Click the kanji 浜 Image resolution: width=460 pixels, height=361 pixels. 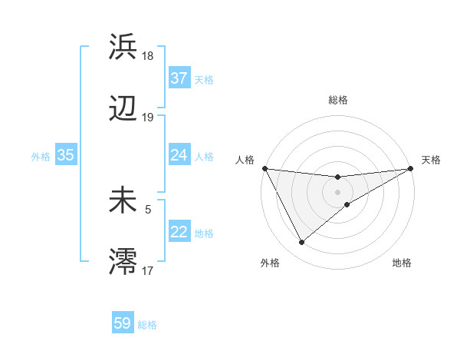click(x=123, y=47)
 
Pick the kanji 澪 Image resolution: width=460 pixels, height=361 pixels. click(x=123, y=262)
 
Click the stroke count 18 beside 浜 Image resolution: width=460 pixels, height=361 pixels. click(x=149, y=56)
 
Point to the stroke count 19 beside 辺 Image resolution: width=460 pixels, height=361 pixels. click(x=148, y=118)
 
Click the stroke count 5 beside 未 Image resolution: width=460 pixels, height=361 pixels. click(x=148, y=208)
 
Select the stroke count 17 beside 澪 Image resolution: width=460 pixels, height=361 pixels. click(x=148, y=270)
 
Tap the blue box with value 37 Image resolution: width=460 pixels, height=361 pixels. click(x=179, y=78)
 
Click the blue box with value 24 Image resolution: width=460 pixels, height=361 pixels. click(x=179, y=155)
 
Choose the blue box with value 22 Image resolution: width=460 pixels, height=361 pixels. click(x=179, y=232)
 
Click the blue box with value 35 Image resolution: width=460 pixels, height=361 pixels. click(x=66, y=155)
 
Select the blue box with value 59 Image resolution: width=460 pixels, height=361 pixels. click(x=123, y=323)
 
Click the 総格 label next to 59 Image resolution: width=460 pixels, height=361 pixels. click(x=147, y=325)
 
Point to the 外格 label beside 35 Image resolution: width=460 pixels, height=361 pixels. click(x=41, y=157)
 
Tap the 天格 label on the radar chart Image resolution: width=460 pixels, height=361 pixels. click(x=432, y=160)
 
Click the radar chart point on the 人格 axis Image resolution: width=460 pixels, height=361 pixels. click(x=264, y=168)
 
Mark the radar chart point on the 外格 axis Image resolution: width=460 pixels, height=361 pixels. click(x=301, y=243)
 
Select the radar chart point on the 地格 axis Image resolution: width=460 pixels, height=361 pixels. click(x=347, y=204)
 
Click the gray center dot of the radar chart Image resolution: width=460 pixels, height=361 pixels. click(x=338, y=191)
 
